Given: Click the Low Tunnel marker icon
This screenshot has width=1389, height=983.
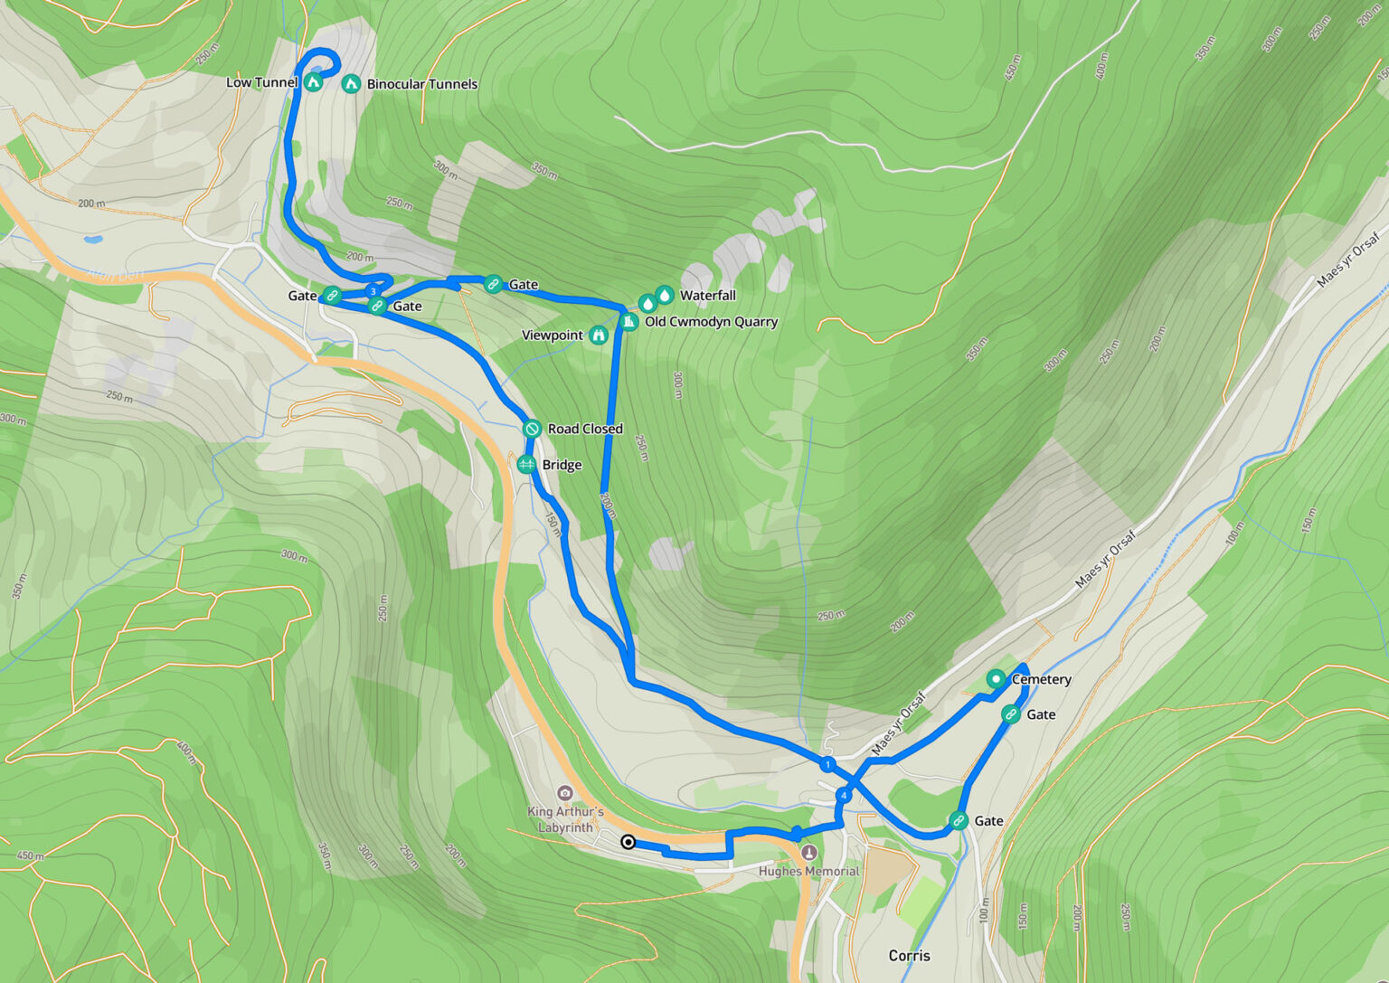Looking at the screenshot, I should [313, 82].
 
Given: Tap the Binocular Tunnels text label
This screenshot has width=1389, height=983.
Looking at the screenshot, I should [421, 84].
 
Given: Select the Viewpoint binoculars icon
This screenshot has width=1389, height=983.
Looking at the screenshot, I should [598, 336].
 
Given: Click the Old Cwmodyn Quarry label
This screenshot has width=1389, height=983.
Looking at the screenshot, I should [711, 322].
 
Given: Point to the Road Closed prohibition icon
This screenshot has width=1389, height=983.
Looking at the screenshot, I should [532, 429].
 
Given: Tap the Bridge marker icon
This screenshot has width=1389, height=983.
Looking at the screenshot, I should [526, 465].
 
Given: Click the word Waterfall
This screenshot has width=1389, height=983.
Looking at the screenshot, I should [707, 296].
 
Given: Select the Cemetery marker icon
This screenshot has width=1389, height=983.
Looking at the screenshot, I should [996, 679].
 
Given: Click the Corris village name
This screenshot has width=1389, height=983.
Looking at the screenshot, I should [909, 956].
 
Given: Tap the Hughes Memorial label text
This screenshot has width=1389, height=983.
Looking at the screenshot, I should [808, 872].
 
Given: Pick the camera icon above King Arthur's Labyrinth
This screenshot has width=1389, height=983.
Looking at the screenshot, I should [565, 793].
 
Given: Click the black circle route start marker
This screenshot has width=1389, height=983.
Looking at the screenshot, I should [628, 842].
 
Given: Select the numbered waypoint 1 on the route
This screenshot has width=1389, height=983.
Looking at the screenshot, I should [827, 765].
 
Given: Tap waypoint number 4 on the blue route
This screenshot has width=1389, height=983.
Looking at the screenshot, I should [843, 796].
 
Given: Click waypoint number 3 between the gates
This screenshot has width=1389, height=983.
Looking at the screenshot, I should [372, 291].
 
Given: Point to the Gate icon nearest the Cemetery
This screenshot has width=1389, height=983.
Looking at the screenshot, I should [1011, 714].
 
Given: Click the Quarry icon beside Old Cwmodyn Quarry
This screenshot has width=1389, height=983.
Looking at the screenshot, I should [629, 322].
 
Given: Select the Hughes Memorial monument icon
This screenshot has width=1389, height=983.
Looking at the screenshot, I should [809, 853].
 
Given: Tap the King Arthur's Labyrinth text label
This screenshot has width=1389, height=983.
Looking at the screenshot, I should [565, 819].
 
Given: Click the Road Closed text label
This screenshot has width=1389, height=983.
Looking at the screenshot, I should [584, 429].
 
